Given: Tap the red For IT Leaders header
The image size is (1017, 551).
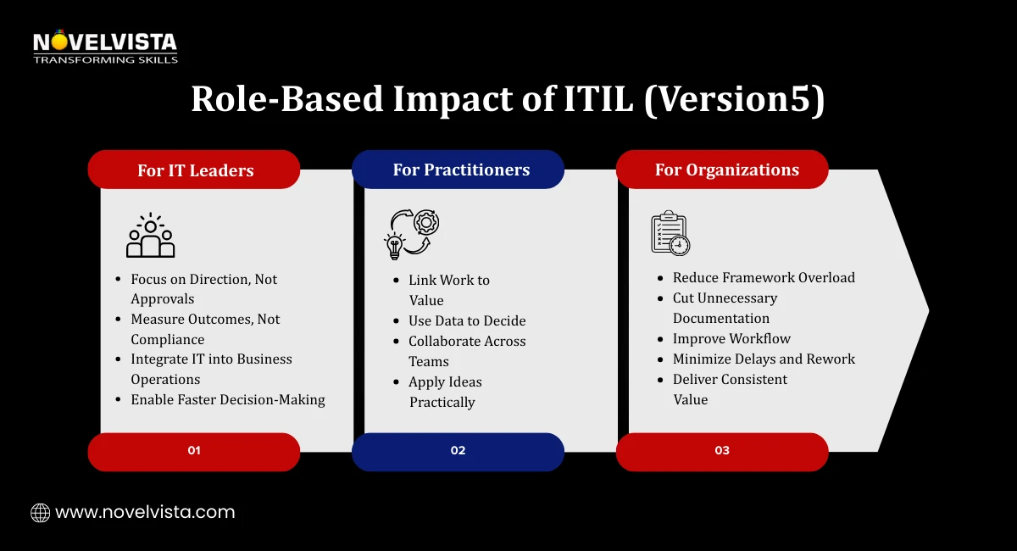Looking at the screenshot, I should pos(195,170).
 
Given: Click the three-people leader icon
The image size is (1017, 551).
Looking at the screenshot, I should pos(150,236).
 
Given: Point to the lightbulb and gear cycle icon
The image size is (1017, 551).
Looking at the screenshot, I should pos(412,233).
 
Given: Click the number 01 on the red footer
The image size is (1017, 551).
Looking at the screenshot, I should pos(194,451).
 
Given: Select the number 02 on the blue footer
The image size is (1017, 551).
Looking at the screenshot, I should pos(458,451).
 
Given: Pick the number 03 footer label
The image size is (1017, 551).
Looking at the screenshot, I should pos(722,451).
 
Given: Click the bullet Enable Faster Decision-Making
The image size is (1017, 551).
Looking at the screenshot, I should pos(227,399).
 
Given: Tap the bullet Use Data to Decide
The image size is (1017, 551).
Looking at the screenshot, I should pos(467,320).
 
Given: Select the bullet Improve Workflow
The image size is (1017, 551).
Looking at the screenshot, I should pos(731,338).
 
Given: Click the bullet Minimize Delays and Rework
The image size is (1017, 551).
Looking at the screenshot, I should pos(764,359).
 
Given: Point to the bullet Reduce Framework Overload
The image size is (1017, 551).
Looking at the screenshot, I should pos(764,277).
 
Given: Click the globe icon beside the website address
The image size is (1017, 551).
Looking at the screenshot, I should pos(40,512).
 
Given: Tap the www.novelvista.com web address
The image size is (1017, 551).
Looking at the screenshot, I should pos(144,512).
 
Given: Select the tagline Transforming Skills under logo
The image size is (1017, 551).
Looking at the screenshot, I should pos(105,59).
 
